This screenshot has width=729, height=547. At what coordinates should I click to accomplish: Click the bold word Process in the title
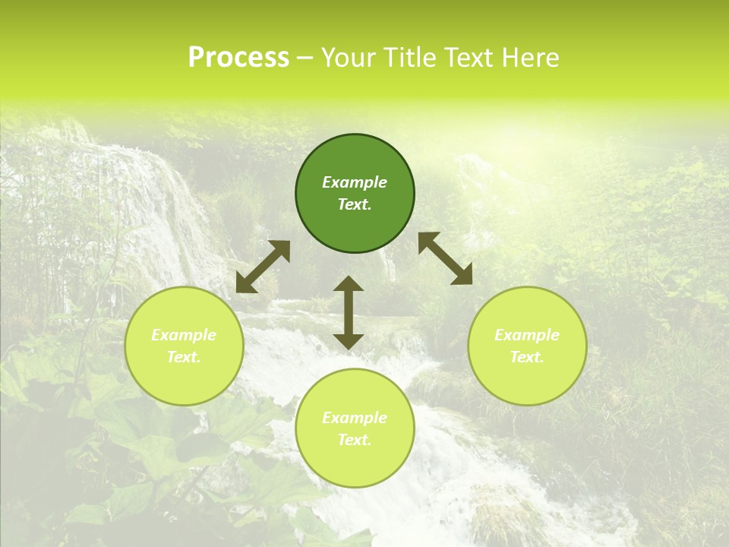(x=238, y=58)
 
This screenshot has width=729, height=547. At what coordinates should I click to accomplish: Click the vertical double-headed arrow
(x=349, y=312)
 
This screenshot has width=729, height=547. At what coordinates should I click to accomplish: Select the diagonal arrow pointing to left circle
(x=263, y=267)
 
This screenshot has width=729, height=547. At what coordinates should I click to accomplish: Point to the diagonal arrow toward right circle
(x=445, y=258)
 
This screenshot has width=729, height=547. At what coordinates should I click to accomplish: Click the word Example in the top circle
(x=355, y=182)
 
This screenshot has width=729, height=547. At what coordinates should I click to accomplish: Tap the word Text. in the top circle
(x=355, y=204)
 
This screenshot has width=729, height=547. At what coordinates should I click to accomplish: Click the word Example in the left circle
(x=184, y=335)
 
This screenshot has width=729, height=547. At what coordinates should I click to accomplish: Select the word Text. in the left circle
(x=184, y=357)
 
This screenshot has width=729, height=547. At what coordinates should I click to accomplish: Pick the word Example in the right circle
(x=527, y=335)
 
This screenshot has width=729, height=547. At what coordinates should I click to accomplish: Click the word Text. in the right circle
(x=527, y=357)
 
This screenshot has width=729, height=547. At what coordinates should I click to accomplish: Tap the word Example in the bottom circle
(x=355, y=418)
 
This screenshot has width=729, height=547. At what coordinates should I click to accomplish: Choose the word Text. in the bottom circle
(x=355, y=440)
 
